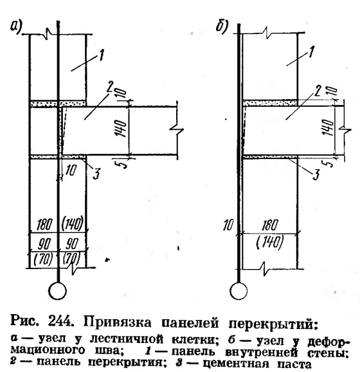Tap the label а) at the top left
coord(16,26)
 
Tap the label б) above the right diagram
coord(222,26)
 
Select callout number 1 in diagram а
coord(101,55)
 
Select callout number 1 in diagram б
coord(311,51)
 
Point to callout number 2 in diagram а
coord(109,88)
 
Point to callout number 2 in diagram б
coord(317,90)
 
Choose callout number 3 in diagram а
coord(96,173)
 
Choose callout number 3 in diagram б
coord(316,174)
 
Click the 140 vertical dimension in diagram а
coord(121,128)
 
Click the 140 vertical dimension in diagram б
coord(328,127)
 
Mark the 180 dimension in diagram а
coord(44,224)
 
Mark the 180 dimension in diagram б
coord(269,225)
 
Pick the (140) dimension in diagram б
coord(270,243)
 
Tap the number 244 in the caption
coord(60,321)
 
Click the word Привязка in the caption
coord(117,322)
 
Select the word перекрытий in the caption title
coord(273,324)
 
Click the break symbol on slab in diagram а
coord(177,129)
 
